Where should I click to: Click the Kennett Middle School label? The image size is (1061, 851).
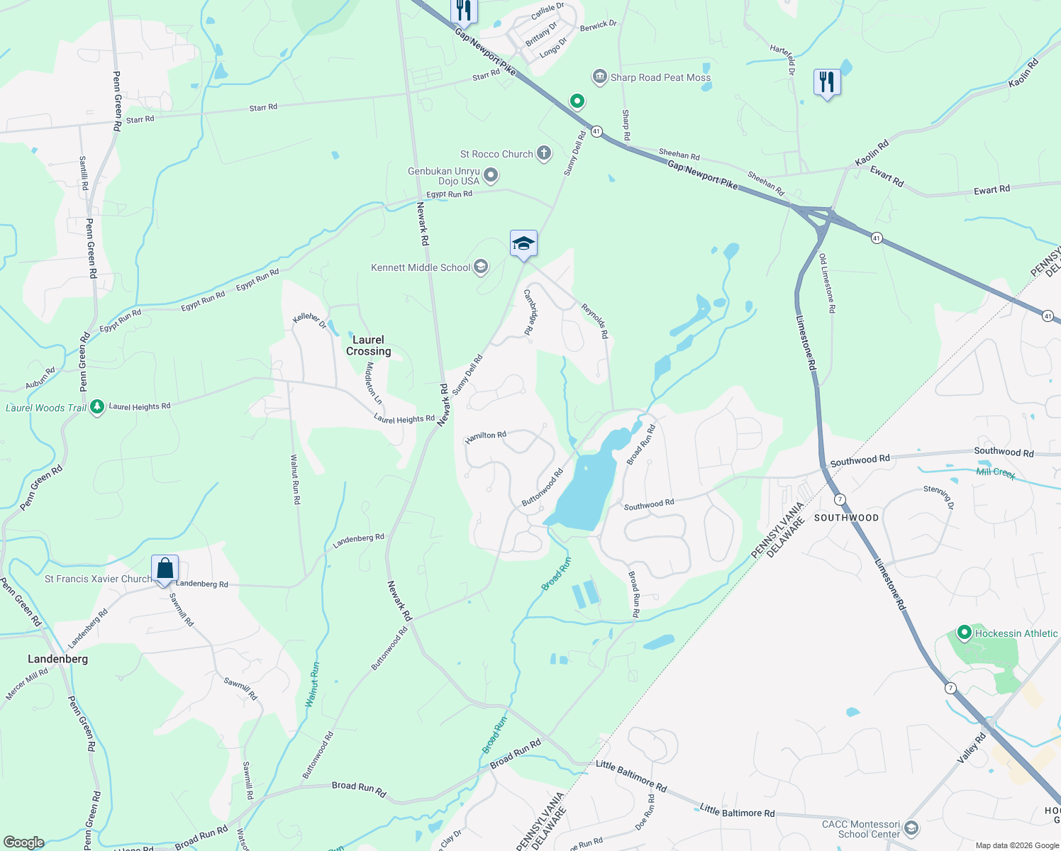click(421, 267)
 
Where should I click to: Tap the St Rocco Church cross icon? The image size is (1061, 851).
click(544, 153)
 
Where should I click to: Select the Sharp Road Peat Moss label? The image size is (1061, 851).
click(660, 77)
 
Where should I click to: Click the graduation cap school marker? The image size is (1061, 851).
click(523, 244)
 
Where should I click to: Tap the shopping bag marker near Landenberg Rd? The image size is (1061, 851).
click(165, 569)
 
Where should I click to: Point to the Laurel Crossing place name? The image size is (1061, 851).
click(368, 345)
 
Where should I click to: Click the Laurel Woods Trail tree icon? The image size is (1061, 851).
click(97, 407)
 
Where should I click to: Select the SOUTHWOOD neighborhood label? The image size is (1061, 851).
click(846, 518)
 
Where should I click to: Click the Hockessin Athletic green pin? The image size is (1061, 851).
click(964, 632)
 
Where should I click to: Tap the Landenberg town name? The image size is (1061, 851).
click(58, 659)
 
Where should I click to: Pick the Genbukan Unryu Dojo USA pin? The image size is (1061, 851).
click(490, 175)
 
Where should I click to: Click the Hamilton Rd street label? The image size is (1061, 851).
click(486, 437)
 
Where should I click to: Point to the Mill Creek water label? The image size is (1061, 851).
click(996, 472)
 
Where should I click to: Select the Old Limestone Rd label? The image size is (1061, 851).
click(827, 284)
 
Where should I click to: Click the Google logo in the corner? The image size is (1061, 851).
click(23, 842)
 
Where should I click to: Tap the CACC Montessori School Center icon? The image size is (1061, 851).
click(911, 828)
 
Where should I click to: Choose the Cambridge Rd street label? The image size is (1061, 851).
click(529, 312)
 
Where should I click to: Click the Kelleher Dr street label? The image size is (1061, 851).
click(310, 321)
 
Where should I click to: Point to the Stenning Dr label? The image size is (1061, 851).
click(939, 497)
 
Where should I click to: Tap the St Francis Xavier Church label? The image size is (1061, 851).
click(98, 579)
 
